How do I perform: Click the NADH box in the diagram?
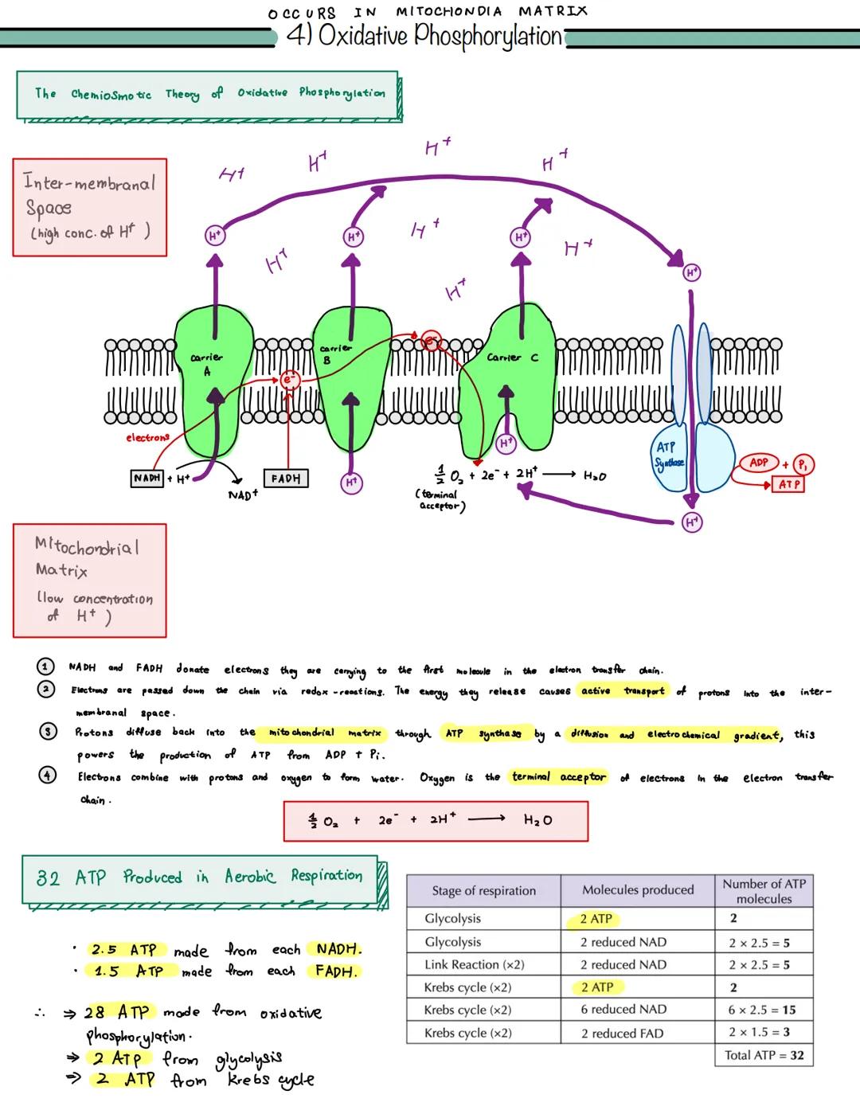[x=147, y=478]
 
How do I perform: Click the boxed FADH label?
[x=285, y=479]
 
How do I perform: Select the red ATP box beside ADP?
[x=788, y=484]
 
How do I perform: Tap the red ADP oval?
[x=758, y=463]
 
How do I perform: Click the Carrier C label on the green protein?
[x=512, y=358]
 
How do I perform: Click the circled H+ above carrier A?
[x=214, y=235]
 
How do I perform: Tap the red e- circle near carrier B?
[x=289, y=380]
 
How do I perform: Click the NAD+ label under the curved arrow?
[x=242, y=495]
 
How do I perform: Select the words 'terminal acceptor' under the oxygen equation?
[x=440, y=500]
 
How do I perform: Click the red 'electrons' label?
[x=147, y=437]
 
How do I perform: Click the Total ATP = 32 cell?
[x=764, y=1055]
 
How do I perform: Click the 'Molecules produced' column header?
[x=637, y=889]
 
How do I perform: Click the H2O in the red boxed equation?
[x=537, y=819]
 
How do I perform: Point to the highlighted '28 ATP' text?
[x=117, y=1012]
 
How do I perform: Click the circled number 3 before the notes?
[x=48, y=732]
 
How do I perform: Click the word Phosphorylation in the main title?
[x=488, y=36]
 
